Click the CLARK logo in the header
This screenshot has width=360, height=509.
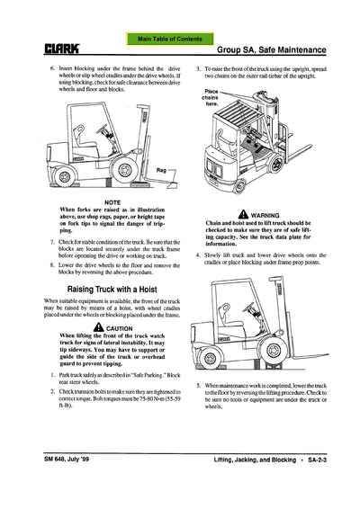33,49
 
